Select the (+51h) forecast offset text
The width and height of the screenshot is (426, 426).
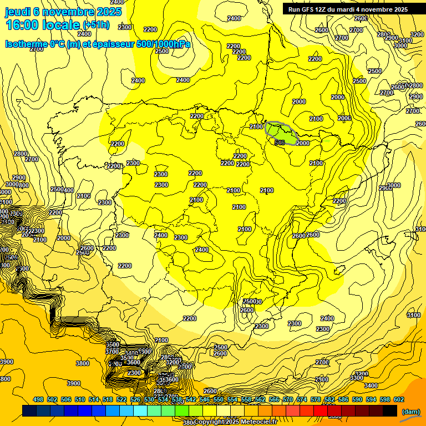click(x=96, y=25)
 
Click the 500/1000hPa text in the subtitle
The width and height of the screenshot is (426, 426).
click(x=163, y=44)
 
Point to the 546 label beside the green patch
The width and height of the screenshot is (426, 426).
click(x=280, y=143)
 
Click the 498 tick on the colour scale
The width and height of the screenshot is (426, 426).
click(x=38, y=399)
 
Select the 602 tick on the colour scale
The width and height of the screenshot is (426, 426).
click(x=399, y=399)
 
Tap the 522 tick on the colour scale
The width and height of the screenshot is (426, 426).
click(x=121, y=399)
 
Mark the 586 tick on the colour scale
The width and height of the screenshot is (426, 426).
click(x=343, y=399)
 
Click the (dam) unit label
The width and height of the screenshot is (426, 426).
click(x=411, y=411)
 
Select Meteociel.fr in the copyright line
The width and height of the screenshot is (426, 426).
click(x=255, y=422)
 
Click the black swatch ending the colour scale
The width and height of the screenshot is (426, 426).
click(x=390, y=410)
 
